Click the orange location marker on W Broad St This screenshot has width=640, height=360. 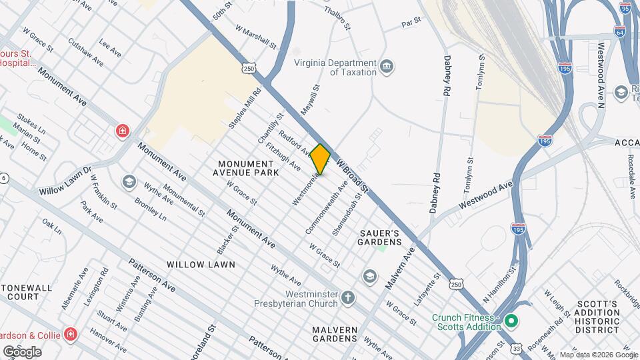320,159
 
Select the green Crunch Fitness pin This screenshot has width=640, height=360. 511,322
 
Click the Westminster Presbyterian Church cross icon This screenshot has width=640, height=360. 348,297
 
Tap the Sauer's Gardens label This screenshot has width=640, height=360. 379,237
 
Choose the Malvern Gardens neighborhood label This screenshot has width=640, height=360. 334,334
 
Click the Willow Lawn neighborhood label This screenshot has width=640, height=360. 201,265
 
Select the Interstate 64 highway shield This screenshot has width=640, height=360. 621,31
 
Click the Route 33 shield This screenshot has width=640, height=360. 518,347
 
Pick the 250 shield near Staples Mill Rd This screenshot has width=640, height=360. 249,68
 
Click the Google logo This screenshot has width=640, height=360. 23,351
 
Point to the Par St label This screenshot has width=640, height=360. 411,22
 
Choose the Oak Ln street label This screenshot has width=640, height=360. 51,226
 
